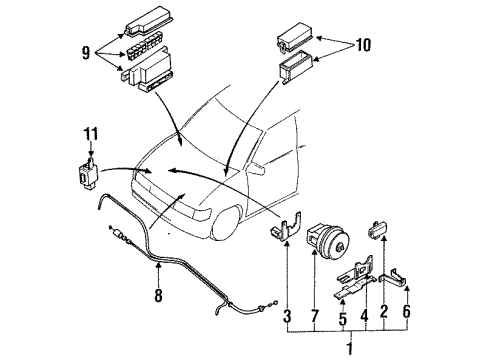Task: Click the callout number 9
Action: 86,53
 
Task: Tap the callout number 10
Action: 363,45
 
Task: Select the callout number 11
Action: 91,134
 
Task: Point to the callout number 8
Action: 158,295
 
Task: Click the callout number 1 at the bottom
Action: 350,349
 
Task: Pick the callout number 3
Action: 287,316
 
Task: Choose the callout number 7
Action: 315,316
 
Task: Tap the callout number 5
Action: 343,319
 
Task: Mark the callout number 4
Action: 365,315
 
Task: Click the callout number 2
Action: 384,312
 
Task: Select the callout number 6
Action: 407,312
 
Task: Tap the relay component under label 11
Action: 87,174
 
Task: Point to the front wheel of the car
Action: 227,223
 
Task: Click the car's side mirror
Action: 258,168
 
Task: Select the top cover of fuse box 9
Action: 148,21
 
